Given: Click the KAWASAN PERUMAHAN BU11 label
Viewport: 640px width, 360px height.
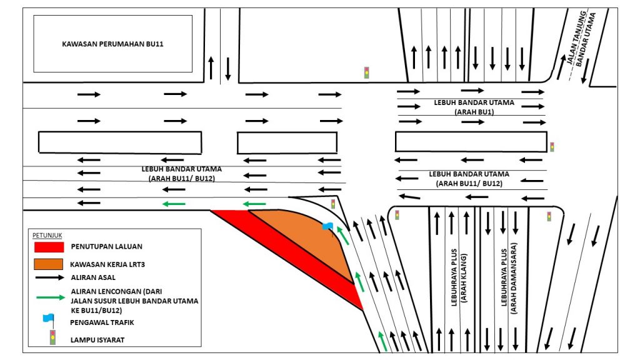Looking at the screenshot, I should click(x=112, y=44).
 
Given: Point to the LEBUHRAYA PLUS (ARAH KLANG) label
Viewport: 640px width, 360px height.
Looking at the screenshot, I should click(x=459, y=279).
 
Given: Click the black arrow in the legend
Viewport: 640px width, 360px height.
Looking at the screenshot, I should click(x=49, y=277).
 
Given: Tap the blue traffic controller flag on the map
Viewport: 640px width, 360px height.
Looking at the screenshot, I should click(x=327, y=226).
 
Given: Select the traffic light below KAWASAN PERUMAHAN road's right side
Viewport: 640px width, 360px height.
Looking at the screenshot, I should click(x=366, y=72).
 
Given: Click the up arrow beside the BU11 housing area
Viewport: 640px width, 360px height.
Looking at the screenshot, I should click(x=211, y=66).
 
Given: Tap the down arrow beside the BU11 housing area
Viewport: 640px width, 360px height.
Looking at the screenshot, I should click(x=227, y=68).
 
